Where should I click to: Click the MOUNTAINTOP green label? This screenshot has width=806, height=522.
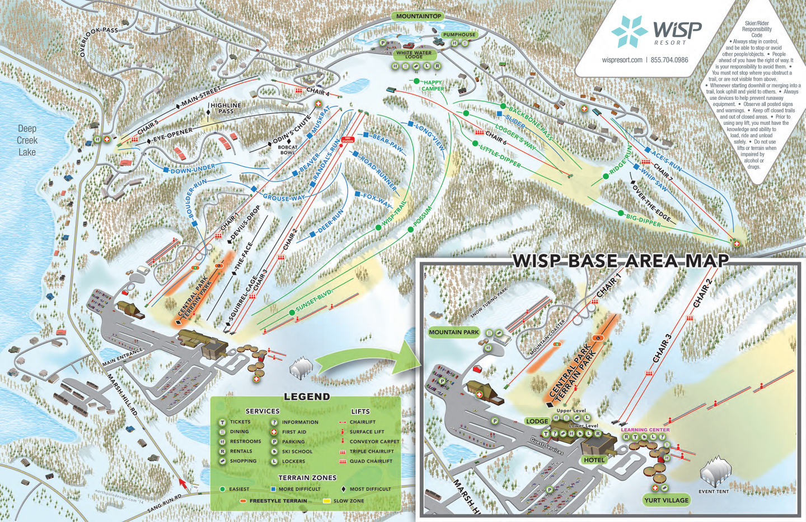pos(418,16)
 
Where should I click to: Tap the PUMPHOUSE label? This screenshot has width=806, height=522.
pos(459,35)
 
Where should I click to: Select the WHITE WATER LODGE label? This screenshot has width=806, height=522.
pos(414,54)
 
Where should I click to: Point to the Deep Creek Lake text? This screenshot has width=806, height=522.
pos(27,141)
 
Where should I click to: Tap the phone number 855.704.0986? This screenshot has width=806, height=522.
pos(669,60)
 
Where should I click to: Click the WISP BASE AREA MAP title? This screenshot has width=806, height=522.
pos(621,260)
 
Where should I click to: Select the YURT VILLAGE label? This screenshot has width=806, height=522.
pos(666,500)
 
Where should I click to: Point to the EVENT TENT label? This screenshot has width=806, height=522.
pos(714,492)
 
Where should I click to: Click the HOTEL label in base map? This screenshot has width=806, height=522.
pos(594,460)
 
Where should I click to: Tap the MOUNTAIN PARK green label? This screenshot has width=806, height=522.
pos(454,332)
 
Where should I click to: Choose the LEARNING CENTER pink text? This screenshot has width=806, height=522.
pos(645,430)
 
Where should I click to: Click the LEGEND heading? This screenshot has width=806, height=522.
pos(307,397)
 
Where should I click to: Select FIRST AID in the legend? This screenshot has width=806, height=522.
pos(294,432)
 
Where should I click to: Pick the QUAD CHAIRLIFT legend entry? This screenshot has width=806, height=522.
pos(371,462)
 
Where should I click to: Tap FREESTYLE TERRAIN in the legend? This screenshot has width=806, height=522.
pos(278,501)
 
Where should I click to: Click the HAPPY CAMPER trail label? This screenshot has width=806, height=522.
pos(432,86)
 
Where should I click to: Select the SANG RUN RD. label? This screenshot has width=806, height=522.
pos(165,503)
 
